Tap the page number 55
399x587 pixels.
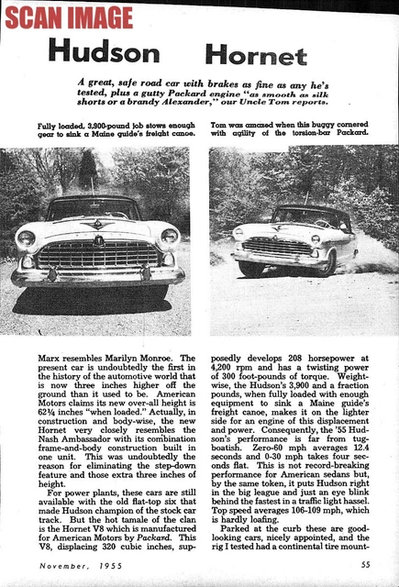pos(365,565)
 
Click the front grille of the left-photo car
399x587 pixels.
pos(99,254)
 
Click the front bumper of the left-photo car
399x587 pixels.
pos(97,274)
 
